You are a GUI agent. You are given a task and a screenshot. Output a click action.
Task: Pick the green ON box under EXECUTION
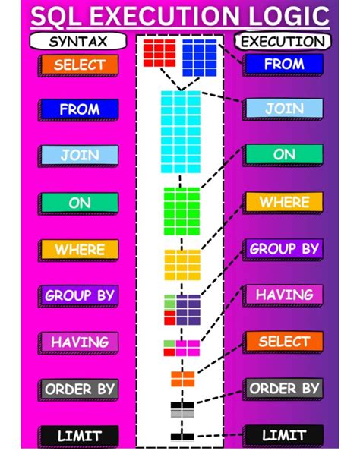[x=283, y=155]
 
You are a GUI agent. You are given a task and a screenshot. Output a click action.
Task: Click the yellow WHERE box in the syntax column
[x=80, y=249]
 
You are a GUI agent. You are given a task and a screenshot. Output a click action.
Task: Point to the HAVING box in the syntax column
[x=80, y=342]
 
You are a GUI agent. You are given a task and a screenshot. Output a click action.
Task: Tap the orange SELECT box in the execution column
[x=283, y=341]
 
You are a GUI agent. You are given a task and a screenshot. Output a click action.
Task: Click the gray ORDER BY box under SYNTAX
[x=80, y=389]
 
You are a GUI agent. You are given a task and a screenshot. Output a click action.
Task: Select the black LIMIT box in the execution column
[x=283, y=435]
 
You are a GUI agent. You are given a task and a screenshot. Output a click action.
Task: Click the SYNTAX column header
[x=77, y=41]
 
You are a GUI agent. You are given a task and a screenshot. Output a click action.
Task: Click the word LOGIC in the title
[x=277, y=16]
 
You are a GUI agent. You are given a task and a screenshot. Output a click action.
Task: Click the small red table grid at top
[x=159, y=53]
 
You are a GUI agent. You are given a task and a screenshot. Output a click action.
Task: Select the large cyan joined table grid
[x=180, y=131]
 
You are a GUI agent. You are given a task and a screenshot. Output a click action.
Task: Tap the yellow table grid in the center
[x=181, y=264]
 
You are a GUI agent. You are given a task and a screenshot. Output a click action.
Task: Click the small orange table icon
[x=182, y=378]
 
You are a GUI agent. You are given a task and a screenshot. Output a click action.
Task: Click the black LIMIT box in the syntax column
[x=80, y=436]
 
